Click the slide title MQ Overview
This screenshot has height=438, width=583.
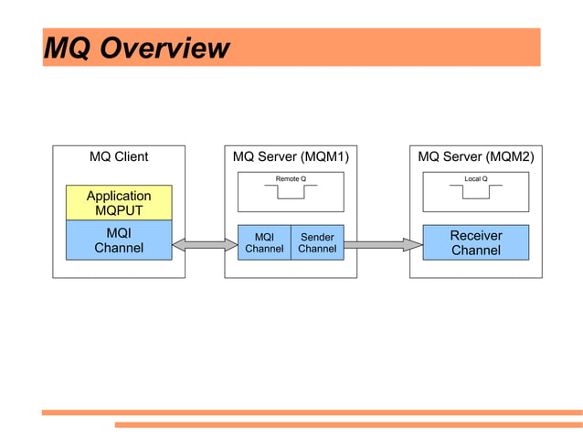136,48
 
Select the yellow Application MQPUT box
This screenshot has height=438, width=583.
119,203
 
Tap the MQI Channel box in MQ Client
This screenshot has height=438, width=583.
119,240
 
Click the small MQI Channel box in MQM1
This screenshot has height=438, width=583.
264,242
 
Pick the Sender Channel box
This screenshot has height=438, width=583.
317,242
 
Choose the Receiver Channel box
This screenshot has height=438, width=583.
475,242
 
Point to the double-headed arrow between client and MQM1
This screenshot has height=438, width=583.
205,244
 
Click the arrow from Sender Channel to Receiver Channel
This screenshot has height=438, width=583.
383,244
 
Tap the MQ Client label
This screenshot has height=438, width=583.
119,156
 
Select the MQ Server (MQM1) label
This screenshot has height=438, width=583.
291,156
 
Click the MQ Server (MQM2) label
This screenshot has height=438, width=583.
475,156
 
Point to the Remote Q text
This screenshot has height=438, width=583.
291,178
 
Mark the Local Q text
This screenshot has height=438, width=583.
475,178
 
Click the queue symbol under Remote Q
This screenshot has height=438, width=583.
291,192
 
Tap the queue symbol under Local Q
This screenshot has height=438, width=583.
475,192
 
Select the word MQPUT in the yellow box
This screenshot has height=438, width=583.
119,211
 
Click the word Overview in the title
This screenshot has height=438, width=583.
164,48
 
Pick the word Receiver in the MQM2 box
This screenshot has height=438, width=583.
475,235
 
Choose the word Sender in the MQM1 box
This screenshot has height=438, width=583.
317,237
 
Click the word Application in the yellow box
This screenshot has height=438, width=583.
119,196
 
